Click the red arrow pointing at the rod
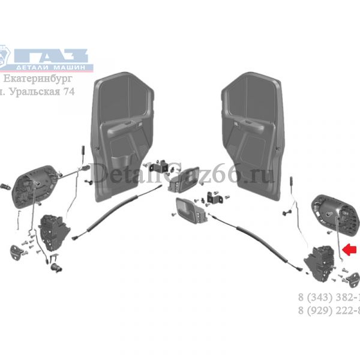349,247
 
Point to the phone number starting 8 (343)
329,298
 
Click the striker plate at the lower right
351,277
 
